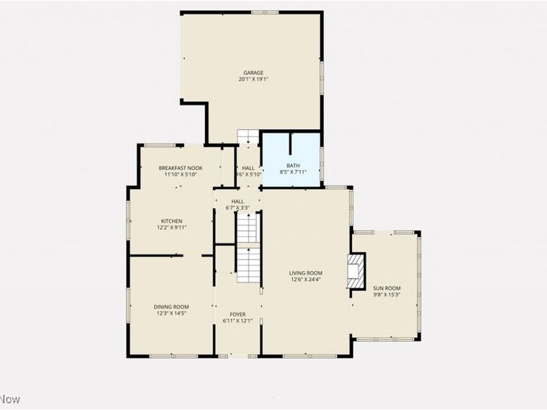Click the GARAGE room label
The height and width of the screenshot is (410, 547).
253,72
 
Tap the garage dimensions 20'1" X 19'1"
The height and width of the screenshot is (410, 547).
253,79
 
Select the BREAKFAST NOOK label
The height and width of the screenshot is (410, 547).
181,168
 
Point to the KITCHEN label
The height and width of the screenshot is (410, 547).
171,221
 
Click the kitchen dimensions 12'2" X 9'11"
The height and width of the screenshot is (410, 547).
171,228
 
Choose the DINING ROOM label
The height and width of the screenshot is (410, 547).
171,307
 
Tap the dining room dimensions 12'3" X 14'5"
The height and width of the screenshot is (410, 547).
171,314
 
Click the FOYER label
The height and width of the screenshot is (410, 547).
237,314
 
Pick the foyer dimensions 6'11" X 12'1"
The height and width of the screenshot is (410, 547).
237,321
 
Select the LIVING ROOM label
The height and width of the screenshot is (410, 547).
305,273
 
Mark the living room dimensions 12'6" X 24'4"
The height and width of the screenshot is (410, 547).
305,279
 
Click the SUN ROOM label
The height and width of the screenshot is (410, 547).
386,288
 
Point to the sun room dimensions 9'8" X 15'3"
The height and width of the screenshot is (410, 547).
386,295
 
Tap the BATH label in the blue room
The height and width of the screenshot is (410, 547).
293,165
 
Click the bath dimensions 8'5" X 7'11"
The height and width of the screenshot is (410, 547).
293,172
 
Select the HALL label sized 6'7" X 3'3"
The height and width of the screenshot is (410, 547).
237,202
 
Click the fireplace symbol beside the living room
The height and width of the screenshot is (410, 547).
356,271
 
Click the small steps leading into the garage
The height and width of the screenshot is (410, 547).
248,137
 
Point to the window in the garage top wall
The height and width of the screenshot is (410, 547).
265,12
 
